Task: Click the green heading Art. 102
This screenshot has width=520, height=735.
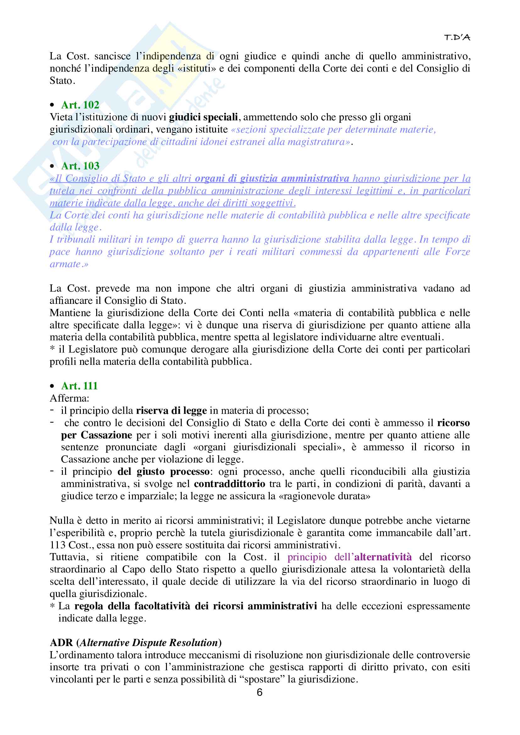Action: [80, 105]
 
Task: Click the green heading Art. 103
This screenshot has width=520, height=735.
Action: [80, 166]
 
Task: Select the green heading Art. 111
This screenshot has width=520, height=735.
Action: [79, 386]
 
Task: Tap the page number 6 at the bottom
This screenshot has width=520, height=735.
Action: [260, 693]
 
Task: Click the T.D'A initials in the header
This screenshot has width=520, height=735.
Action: [457, 38]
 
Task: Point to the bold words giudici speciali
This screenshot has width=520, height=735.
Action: [203, 117]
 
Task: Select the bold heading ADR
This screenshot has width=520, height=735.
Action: [61, 643]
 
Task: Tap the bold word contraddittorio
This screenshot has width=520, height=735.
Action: [230, 484]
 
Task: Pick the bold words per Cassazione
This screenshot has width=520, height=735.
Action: [97, 435]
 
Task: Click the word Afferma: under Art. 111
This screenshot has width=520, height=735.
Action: [69, 398]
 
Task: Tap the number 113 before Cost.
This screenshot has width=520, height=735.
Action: [58, 545]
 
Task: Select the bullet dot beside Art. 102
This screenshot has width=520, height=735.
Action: [53, 105]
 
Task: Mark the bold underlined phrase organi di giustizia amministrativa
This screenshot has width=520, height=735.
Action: [272, 178]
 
